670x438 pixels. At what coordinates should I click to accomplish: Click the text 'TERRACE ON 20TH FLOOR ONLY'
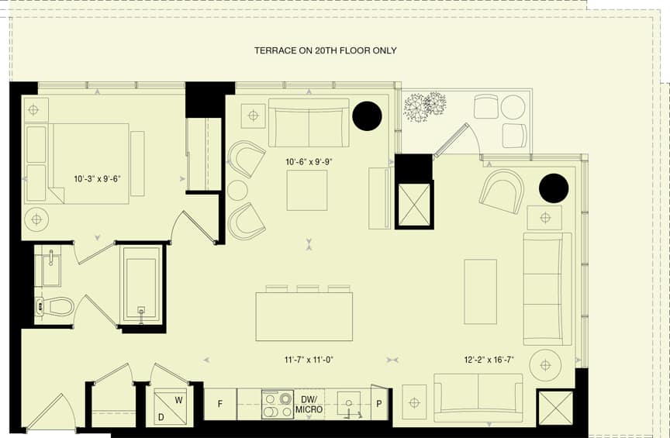(326, 50)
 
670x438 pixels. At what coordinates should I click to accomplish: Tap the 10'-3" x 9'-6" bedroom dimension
(98, 178)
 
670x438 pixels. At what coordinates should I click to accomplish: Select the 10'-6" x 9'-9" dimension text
(309, 162)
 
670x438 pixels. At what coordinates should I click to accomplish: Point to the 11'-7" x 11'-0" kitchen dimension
(309, 360)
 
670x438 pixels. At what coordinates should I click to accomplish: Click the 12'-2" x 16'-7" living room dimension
(489, 360)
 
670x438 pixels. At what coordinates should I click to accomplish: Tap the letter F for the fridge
(220, 404)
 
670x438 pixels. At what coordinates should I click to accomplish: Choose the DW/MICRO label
(309, 405)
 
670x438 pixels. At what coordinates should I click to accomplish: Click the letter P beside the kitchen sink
(378, 404)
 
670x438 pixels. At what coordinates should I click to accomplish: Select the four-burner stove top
(278, 404)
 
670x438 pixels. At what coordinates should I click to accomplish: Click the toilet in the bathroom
(56, 306)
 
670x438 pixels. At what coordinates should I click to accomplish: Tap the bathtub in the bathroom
(142, 285)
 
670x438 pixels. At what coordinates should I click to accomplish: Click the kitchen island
(304, 316)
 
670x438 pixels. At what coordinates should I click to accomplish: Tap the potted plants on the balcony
(425, 106)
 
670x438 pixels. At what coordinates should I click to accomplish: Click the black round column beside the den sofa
(367, 116)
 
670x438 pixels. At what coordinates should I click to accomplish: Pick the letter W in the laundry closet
(178, 400)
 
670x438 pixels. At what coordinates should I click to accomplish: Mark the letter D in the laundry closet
(161, 417)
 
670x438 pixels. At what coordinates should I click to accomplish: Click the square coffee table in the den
(307, 190)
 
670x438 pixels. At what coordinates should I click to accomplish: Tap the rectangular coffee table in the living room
(481, 291)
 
